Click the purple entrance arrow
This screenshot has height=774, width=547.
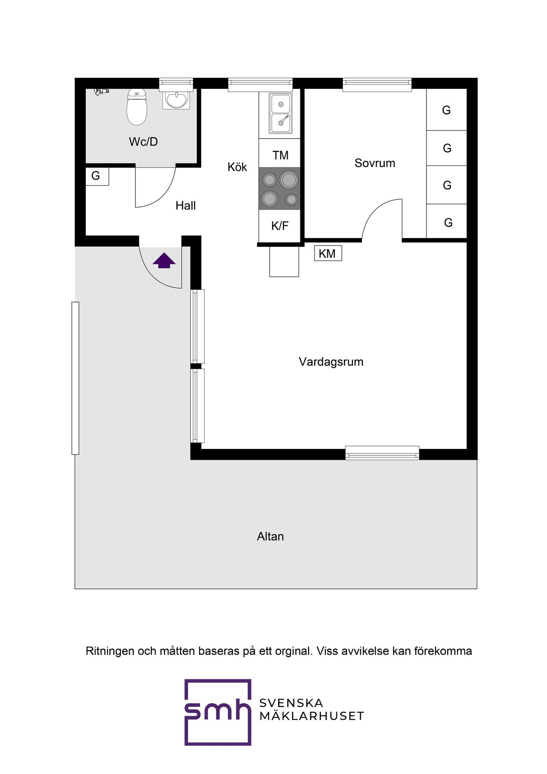point(164,260)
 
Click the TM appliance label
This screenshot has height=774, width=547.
point(280,155)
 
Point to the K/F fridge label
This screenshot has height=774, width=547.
point(279,226)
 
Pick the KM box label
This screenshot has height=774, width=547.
point(327,254)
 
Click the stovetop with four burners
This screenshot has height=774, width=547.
point(279,189)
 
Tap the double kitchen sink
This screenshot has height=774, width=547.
point(281,113)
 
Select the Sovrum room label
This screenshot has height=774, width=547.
point(375,163)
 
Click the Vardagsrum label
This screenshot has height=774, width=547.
point(331,362)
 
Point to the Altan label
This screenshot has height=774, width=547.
point(270,536)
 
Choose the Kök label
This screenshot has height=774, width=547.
point(237,167)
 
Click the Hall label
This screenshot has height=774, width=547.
point(185,206)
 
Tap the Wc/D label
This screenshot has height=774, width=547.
point(143,142)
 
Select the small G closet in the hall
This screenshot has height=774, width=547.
point(97,176)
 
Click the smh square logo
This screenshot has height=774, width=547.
point(218,712)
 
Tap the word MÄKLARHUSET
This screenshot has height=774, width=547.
point(312,716)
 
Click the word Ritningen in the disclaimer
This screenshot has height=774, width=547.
point(110,651)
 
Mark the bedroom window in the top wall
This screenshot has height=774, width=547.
point(377,85)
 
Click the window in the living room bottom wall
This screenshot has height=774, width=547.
point(382,453)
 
